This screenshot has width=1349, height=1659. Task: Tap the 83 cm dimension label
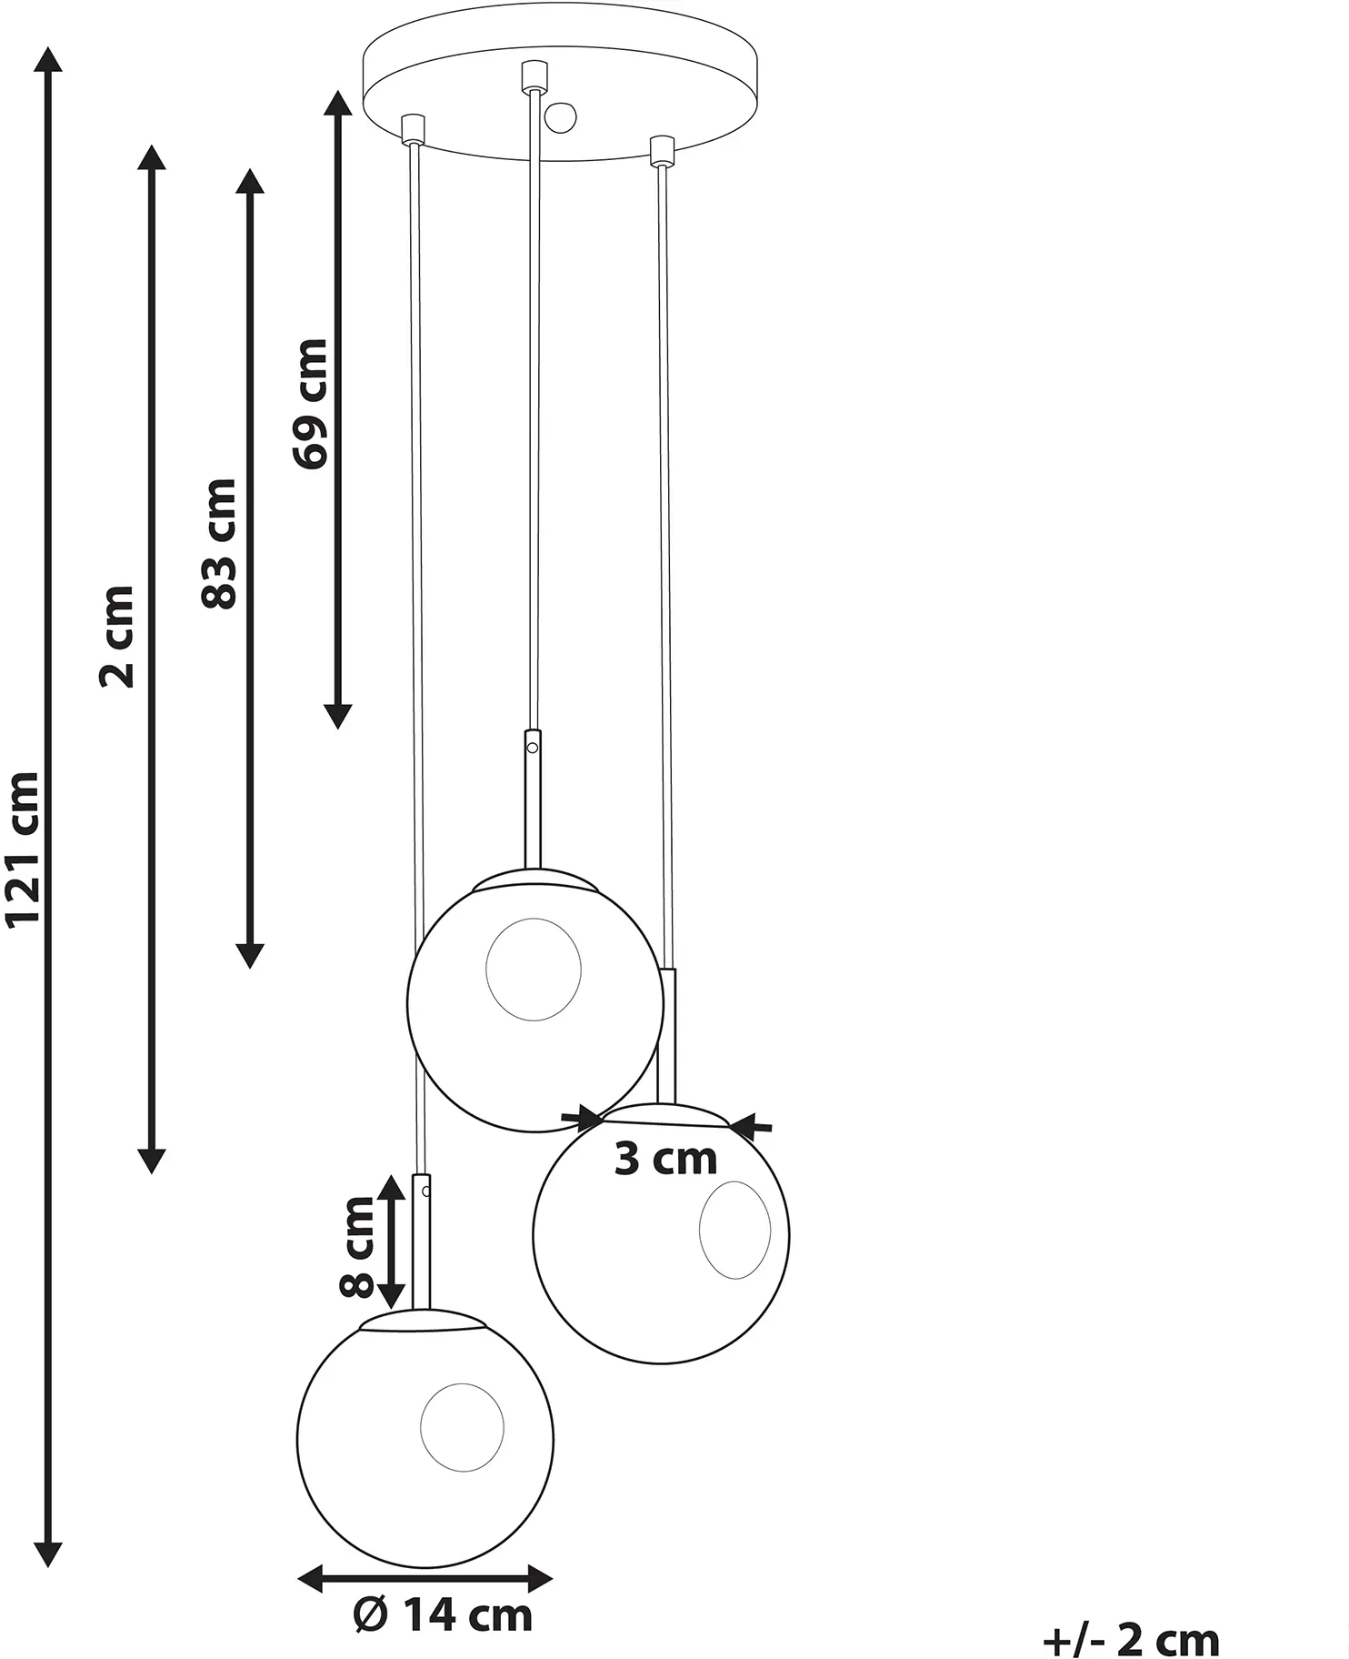(219, 544)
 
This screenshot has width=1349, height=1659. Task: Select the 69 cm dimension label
(309, 404)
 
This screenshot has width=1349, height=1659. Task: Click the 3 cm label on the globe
(665, 1159)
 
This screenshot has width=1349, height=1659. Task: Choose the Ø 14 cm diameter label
(442, 1615)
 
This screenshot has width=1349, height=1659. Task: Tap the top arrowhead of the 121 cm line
(48, 60)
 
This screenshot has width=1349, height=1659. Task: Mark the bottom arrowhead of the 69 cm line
(337, 715)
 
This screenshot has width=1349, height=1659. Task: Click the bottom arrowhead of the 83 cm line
(250, 955)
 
